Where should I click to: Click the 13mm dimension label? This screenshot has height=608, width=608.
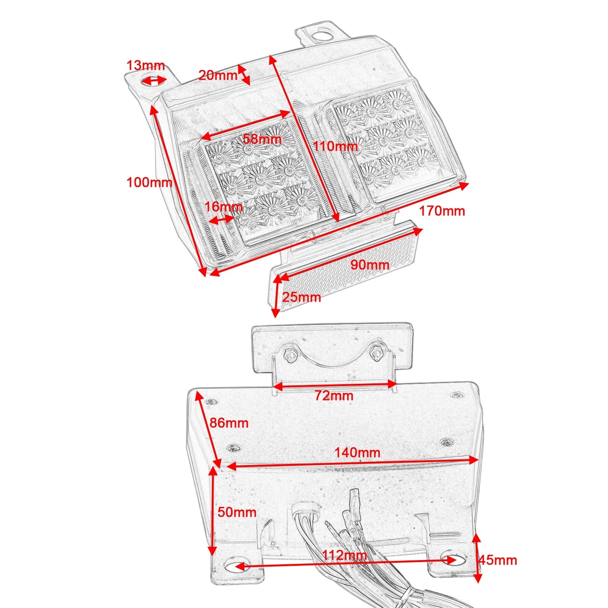pyautogui.click(x=146, y=65)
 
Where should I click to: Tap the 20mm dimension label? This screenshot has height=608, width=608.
pyautogui.click(x=218, y=75)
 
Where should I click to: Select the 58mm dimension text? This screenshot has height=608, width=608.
pyautogui.click(x=262, y=139)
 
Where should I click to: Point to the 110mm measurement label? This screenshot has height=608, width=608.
pyautogui.click(x=335, y=146)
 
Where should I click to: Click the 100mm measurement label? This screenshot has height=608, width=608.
pyautogui.click(x=149, y=182)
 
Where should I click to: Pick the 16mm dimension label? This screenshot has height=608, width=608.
pyautogui.click(x=223, y=207)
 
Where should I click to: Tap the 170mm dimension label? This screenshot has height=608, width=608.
pyautogui.click(x=442, y=211)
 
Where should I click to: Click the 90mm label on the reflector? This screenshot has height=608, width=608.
pyautogui.click(x=370, y=265)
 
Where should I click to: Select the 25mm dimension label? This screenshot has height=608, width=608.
pyautogui.click(x=301, y=297)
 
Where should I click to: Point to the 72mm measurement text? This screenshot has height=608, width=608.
pyautogui.click(x=334, y=396)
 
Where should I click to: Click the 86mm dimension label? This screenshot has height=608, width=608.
pyautogui.click(x=229, y=423)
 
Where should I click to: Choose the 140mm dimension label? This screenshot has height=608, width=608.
pyautogui.click(x=357, y=453)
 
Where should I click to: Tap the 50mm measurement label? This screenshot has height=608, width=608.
pyautogui.click(x=237, y=512)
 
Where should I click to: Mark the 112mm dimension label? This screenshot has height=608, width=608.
pyautogui.click(x=344, y=555)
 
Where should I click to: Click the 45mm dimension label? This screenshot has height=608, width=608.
pyautogui.click(x=498, y=560)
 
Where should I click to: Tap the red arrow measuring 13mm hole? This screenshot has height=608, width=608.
pyautogui.click(x=154, y=81)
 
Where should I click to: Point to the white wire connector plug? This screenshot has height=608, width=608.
pyautogui.click(x=306, y=511)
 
